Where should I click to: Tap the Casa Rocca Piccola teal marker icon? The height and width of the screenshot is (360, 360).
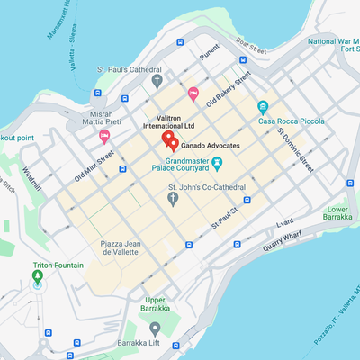pos(263,106)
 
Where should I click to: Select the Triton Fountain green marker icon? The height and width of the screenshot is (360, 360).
pos(37,278)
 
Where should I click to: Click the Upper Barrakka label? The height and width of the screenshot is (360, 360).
pos(155,304)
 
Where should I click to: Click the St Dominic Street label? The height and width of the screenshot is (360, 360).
pos(294,149)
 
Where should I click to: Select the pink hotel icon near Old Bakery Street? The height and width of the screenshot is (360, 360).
pos(193,94)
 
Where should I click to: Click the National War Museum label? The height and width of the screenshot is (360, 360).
pos(333,46)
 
